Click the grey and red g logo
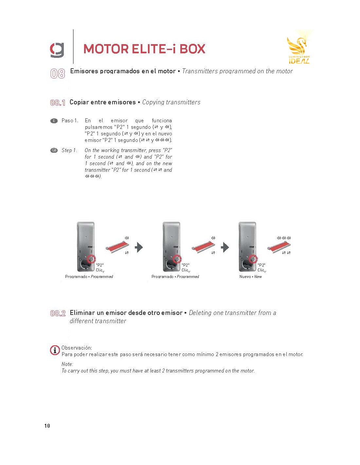(x=57, y=50)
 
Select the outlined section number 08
(x=58, y=74)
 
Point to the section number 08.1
(x=58, y=103)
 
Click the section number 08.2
(x=58, y=313)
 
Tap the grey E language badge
(x=54, y=121)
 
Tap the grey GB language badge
(x=54, y=150)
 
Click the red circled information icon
(x=55, y=350)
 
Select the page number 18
(x=47, y=426)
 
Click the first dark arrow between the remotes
(x=139, y=247)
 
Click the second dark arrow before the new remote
(x=225, y=247)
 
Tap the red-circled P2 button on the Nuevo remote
(x=253, y=259)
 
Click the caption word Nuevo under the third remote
(x=245, y=277)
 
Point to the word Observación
(x=77, y=348)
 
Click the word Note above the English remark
(x=67, y=364)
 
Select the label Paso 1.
(x=70, y=121)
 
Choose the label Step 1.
(x=69, y=150)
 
